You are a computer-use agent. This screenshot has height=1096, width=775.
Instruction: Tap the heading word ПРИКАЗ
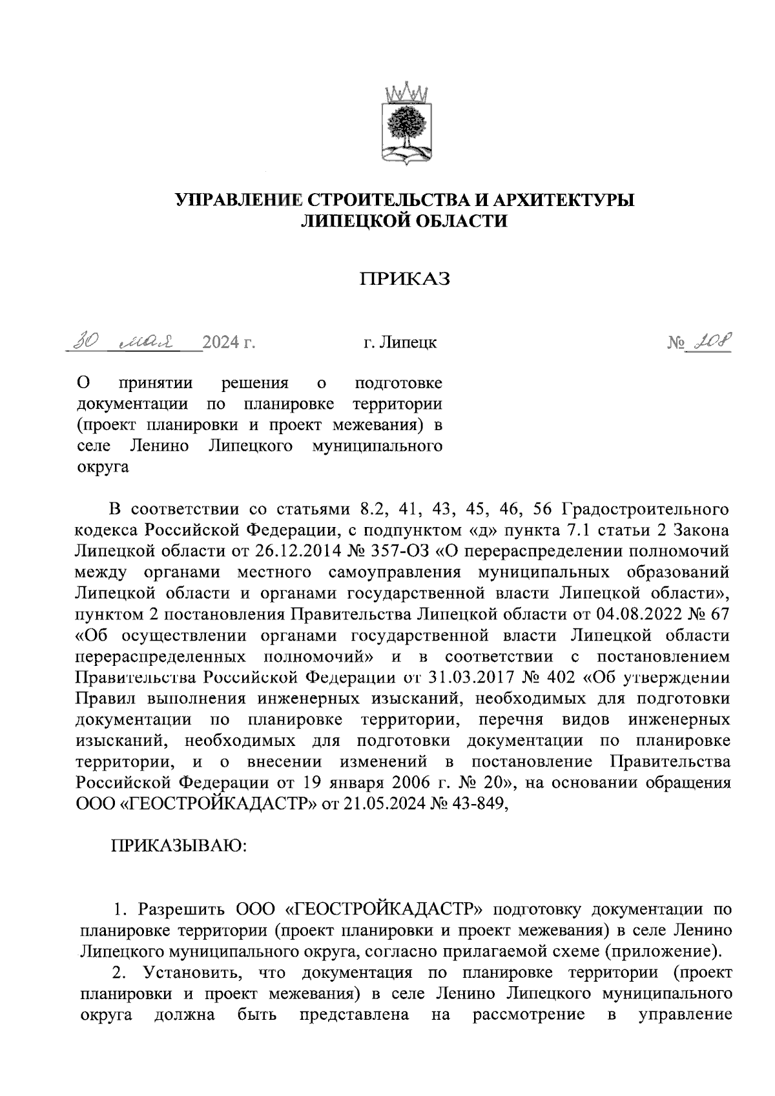point(405,278)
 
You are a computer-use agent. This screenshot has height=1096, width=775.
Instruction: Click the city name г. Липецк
point(400,342)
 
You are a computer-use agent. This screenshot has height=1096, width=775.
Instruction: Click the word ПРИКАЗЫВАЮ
point(179,847)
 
